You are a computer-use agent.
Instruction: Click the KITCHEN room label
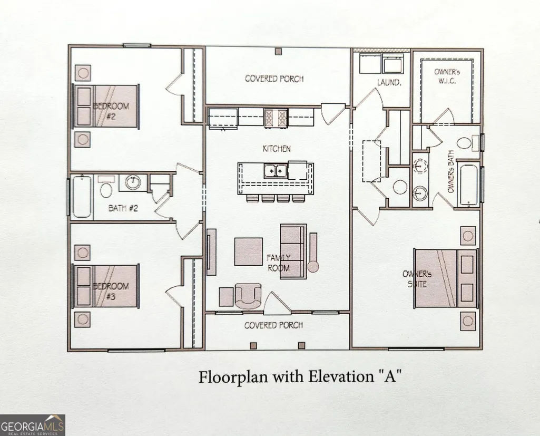coord(277,149)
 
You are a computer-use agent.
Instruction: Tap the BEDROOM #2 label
coord(111,111)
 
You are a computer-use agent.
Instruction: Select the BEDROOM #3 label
coord(111,291)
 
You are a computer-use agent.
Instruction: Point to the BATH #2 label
coord(123,208)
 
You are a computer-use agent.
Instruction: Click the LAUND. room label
coord(389,82)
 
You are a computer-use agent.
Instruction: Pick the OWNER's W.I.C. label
coord(447,76)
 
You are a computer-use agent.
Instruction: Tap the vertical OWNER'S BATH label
coord(451,171)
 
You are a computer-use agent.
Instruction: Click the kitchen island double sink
coord(276,171)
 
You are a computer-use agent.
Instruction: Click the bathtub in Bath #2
coord(82,197)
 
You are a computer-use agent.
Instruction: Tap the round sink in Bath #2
coord(133,182)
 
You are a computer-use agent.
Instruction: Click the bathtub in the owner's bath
coord(468,186)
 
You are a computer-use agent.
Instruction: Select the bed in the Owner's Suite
coord(446,278)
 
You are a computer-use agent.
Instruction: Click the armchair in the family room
coord(248,296)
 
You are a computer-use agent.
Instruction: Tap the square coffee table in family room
coord(249,251)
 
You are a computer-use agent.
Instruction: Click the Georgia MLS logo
coord(32,425)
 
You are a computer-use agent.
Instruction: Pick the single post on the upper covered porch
coord(278,51)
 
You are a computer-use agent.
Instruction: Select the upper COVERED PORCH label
coord(274,79)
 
